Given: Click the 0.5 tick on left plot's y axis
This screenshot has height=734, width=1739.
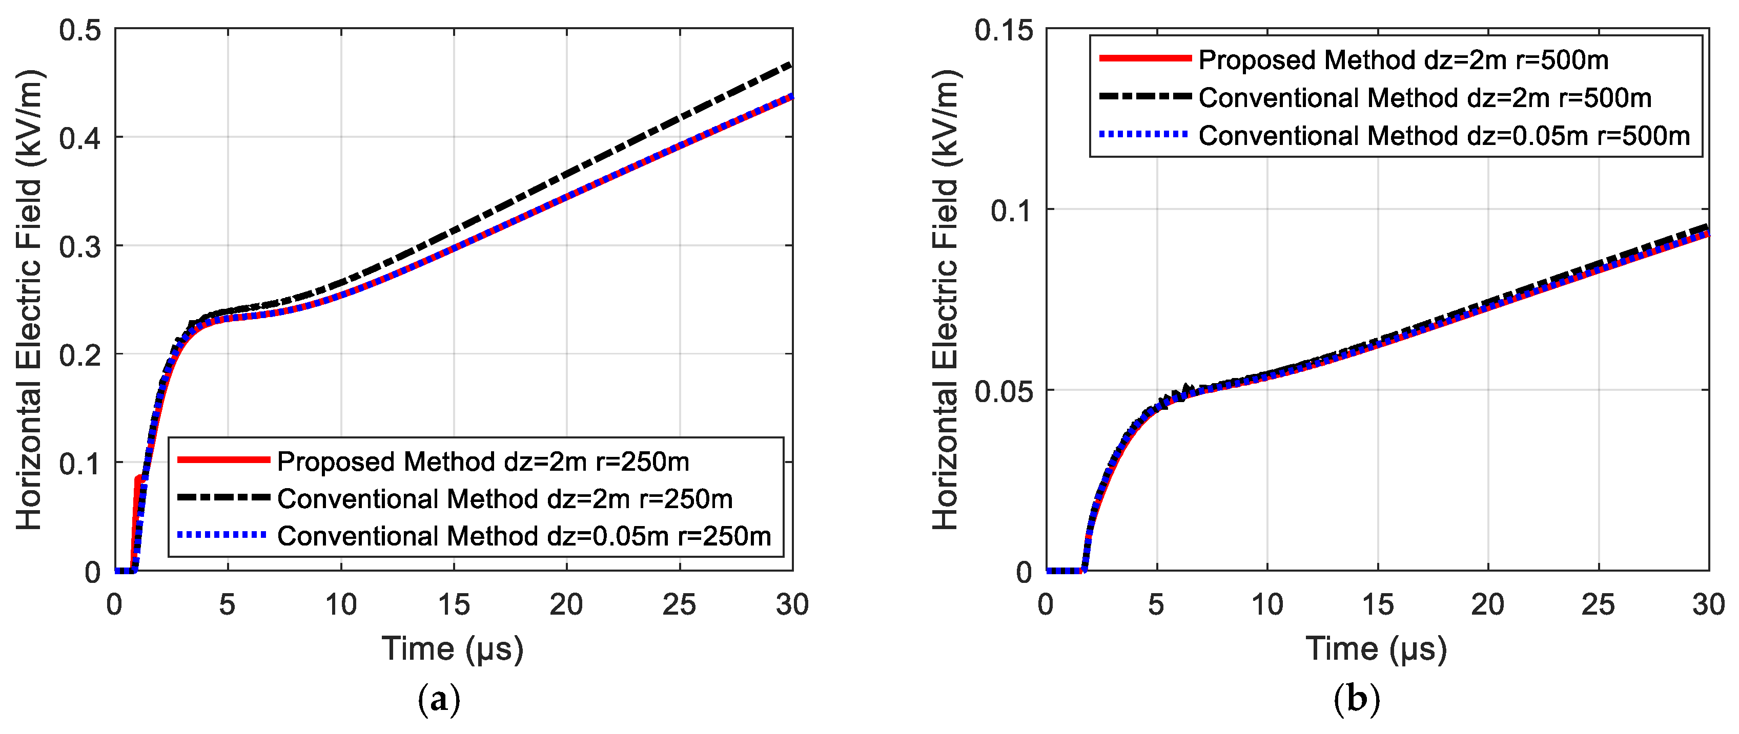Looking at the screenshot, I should click(79, 30).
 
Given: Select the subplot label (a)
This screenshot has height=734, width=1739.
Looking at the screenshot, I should click(439, 700).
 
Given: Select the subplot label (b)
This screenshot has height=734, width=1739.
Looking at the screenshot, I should click(1357, 700).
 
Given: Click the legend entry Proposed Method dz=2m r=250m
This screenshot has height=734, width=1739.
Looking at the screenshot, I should click(483, 462).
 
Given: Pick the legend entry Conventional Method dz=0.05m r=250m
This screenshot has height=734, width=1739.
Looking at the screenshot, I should click(524, 536).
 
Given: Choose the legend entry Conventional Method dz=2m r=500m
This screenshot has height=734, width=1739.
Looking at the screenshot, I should click(1424, 98).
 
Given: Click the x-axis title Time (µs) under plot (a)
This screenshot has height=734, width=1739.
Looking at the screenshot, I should click(452, 649).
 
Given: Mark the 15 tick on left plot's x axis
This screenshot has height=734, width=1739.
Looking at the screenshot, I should click(454, 604).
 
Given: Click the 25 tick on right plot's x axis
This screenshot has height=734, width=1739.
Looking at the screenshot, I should click(1598, 604).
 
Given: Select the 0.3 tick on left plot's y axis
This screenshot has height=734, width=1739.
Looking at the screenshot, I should click(79, 247).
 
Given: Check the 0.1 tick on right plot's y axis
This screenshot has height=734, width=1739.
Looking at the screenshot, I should click(1011, 211).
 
